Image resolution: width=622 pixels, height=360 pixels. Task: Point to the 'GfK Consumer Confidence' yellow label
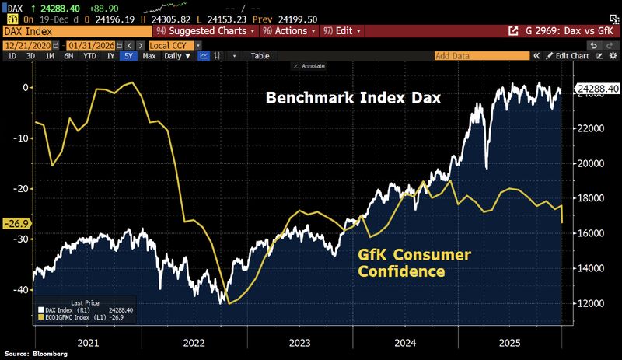pos(414,263)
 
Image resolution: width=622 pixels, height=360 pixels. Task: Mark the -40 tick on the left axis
pos(19,289)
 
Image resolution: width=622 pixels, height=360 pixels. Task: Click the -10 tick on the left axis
pos(19,138)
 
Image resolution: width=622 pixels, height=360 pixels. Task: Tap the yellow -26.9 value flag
pos(14,224)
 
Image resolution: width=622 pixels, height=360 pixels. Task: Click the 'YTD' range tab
pos(90,56)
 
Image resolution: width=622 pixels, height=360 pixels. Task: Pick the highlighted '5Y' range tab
pos(128,56)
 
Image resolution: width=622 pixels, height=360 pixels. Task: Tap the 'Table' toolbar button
pos(260,56)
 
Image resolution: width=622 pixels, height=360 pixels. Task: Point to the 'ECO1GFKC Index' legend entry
pos(74,316)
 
